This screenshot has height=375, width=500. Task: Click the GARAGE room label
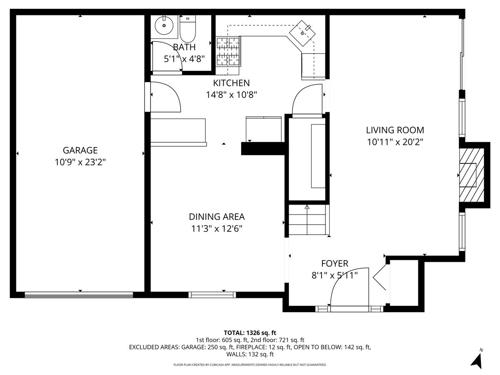(80, 150)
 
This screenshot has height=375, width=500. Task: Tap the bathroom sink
(164, 26)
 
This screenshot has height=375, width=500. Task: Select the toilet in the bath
(187, 27)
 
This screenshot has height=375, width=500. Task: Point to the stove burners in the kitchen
(228, 51)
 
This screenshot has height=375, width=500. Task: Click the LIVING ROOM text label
(395, 130)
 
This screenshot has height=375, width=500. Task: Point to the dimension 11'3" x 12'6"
(216, 228)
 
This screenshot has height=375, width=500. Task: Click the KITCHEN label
(231, 83)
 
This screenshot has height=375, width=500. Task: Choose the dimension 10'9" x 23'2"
(80, 162)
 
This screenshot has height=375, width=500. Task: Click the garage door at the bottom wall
(79, 295)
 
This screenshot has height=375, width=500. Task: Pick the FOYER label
(335, 263)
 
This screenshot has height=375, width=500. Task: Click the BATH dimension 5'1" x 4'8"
(184, 59)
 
